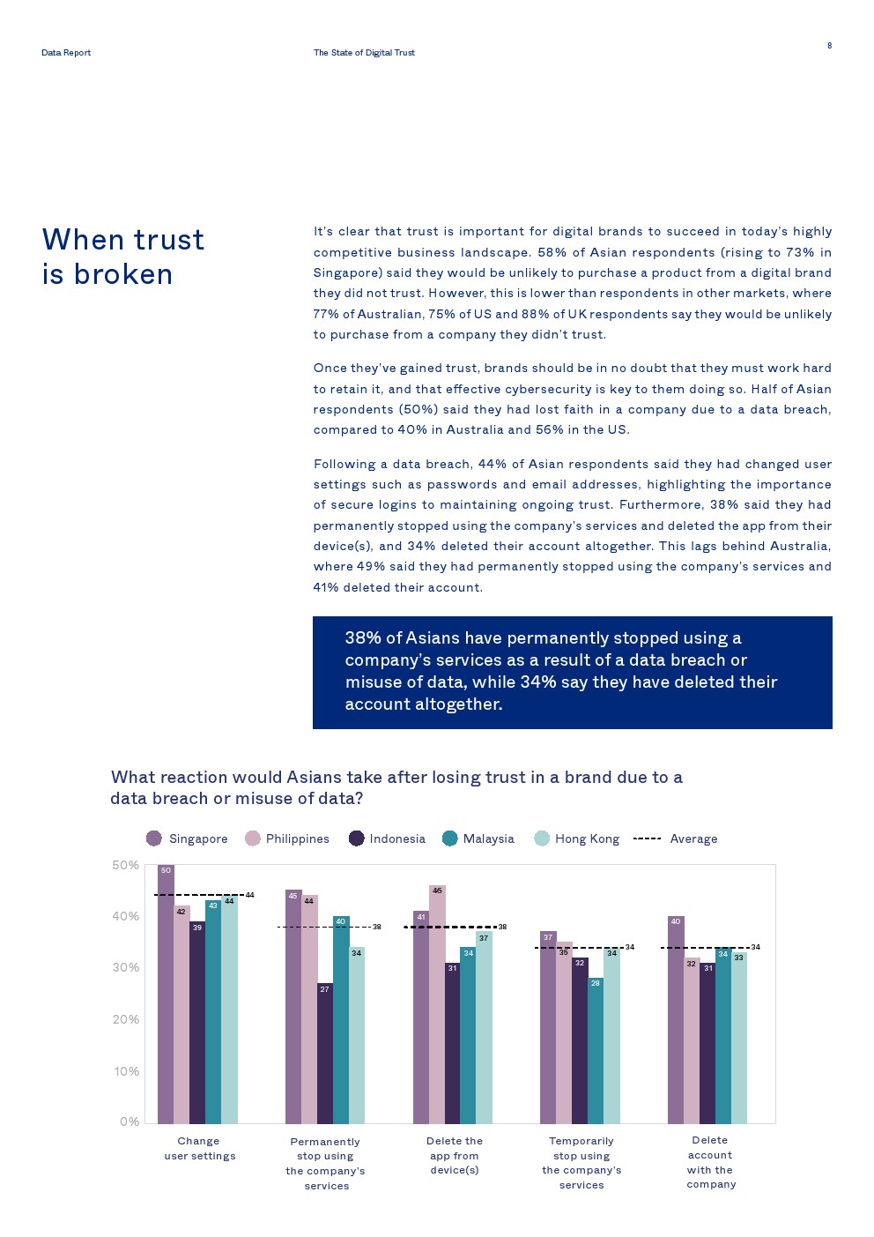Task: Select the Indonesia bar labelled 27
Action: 325,1053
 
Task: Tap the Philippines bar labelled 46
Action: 437,1004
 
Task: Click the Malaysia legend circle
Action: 450,838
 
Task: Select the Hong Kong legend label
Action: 587,839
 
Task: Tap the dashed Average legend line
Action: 648,838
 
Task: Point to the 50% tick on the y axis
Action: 125,866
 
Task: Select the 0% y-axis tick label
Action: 129,1121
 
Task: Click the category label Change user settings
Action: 199,1148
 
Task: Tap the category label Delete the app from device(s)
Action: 455,1155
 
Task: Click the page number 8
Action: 829,46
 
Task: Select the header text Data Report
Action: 66,53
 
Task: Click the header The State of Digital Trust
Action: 364,53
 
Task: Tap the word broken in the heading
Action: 123,274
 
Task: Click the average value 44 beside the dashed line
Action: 250,895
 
